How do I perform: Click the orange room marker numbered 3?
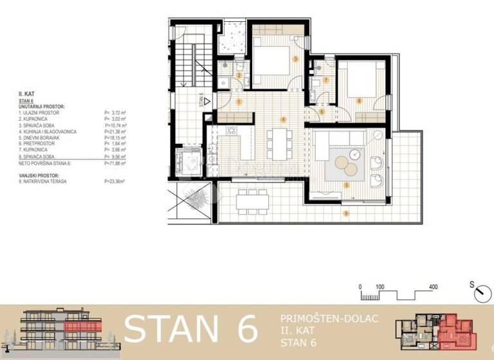(x=295, y=59)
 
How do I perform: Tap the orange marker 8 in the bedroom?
(x=359, y=100)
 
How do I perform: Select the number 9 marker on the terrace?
(x=346, y=213)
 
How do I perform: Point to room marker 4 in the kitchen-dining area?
(x=284, y=120)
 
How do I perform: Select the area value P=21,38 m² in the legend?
(x=114, y=131)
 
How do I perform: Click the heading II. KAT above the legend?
(x=26, y=94)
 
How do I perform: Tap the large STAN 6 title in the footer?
(x=191, y=328)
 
